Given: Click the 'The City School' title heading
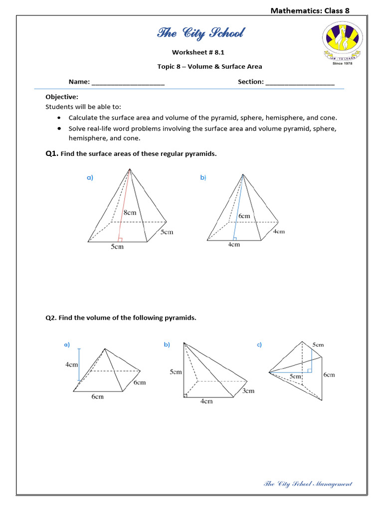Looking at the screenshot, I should pos(200,33).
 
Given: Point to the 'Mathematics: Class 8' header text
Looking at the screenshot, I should pos(313,10).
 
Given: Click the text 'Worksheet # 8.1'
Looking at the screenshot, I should pos(195,52).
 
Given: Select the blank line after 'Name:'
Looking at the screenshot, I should pos(128,83).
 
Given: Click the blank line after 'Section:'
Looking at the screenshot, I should pos(300,83).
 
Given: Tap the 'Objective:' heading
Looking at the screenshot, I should pos(62,97).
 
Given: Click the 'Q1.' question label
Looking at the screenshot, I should pos(52,154).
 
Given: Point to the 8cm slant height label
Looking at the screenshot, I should pos(129,212).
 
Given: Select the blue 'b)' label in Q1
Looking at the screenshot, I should pos(203,178).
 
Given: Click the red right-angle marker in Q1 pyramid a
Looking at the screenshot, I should pos(120,240).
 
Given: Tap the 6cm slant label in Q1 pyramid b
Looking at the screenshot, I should pos(244,216).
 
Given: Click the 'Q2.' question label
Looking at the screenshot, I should pos(51,318).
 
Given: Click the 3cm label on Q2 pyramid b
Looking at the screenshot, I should pos(248,391).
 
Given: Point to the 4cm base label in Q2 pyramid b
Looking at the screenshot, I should pos(206,401).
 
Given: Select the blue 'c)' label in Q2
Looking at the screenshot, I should pos(259,345).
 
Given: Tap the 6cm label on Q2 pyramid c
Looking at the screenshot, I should pos(329,375).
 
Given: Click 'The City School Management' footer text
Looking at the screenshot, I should pos(307,484).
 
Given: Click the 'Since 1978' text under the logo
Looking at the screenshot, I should pos(342,63).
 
